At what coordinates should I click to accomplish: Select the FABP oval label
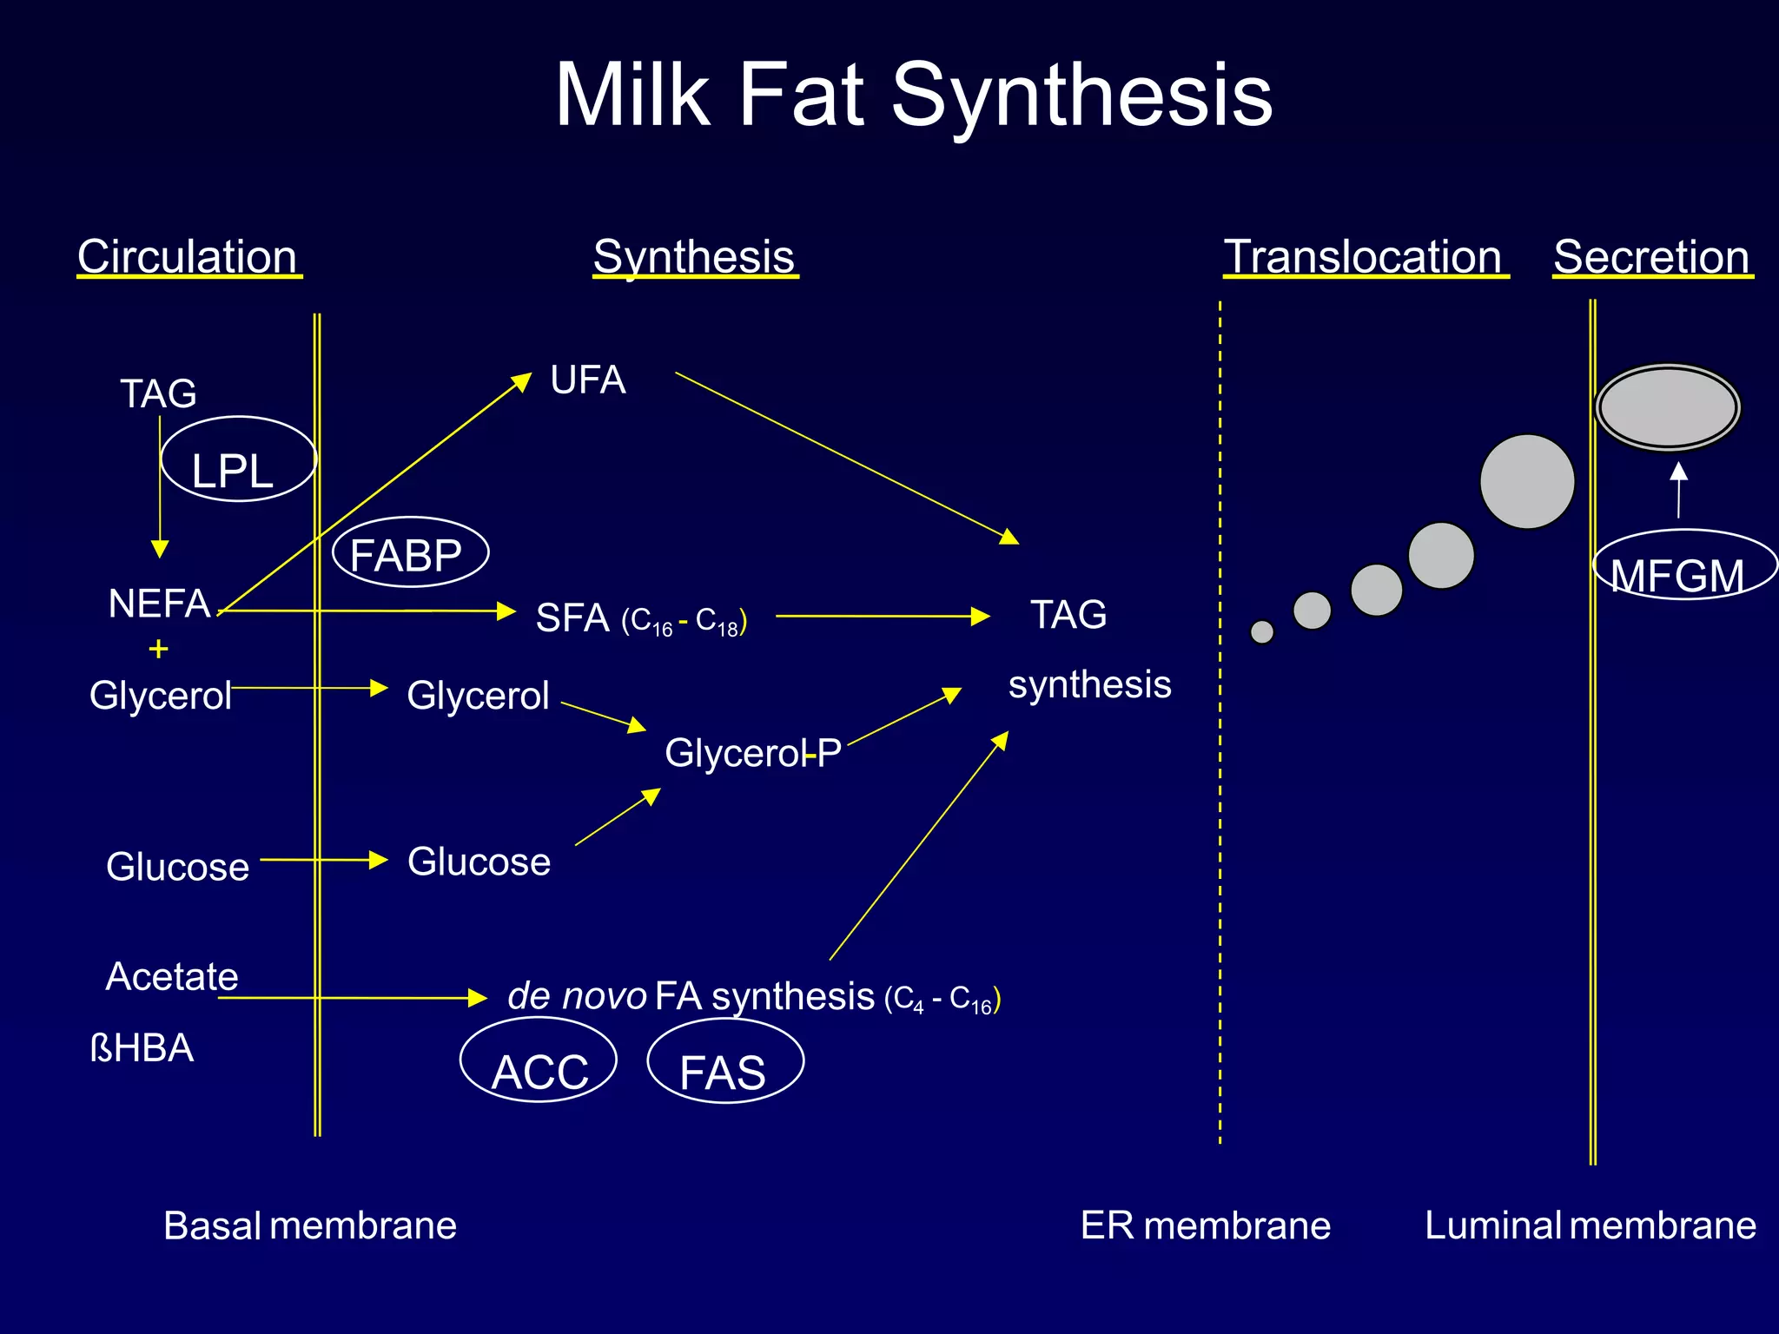pos(410,553)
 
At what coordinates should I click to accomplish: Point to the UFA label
pos(588,380)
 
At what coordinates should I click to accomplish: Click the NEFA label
pos(159,603)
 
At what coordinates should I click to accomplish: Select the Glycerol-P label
pos(752,753)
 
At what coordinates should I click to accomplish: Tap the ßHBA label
pos(142,1048)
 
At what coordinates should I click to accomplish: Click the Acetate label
pos(172,976)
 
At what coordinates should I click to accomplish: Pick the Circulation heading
pos(188,257)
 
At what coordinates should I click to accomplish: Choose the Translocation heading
pos(1363,257)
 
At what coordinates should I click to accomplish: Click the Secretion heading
pos(1651,257)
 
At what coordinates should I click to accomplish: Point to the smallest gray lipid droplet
pos(1262,631)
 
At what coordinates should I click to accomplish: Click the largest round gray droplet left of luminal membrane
pos(1527,481)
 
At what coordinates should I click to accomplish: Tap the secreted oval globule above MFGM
pos(1668,407)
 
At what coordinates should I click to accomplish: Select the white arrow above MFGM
pos(1679,490)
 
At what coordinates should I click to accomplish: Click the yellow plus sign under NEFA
pos(158,649)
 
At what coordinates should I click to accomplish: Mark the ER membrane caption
pos(1205,1225)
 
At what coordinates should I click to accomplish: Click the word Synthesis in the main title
pos(1081,96)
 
